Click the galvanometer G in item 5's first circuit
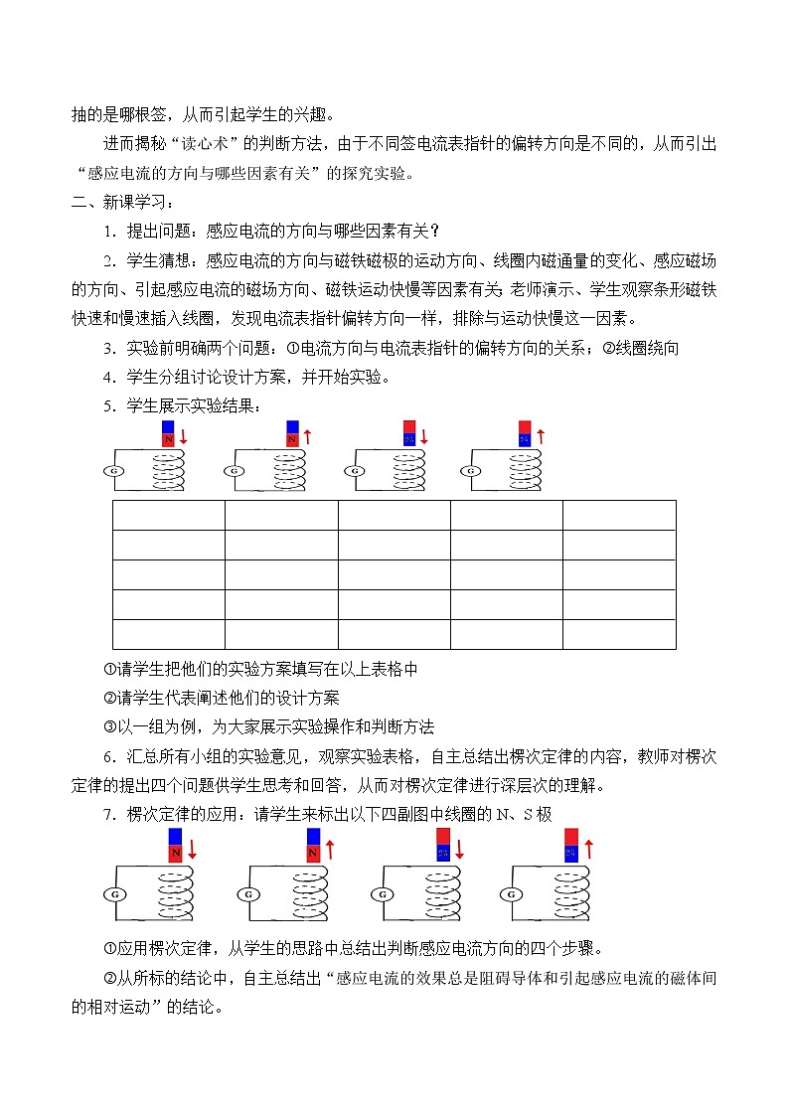click(x=113, y=471)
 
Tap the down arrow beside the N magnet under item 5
click(x=184, y=437)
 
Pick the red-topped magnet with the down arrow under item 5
click(x=408, y=433)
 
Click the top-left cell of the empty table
click(x=168, y=515)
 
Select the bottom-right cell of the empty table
click(x=619, y=634)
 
